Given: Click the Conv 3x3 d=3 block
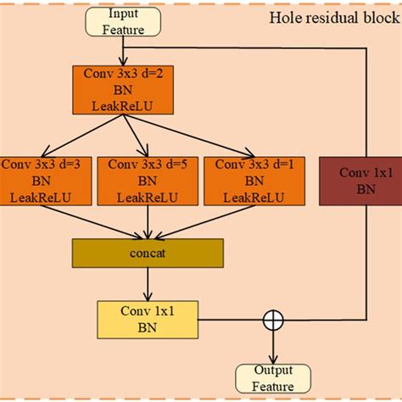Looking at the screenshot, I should (x=39, y=181).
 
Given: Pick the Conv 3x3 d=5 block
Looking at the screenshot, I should (x=148, y=181).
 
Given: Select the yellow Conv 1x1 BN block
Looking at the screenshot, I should (x=149, y=321).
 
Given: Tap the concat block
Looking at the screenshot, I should (x=148, y=253).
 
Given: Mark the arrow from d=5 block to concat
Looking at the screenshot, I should (x=149, y=221).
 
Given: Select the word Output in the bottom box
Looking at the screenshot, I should (x=274, y=370).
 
